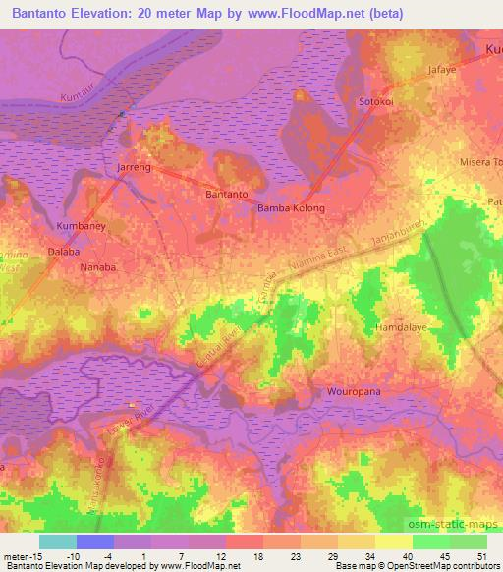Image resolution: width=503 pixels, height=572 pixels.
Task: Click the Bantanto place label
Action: [226, 195]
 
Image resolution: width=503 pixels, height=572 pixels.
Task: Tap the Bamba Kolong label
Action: [291, 209]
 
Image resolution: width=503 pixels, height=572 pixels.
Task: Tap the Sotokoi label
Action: [377, 101]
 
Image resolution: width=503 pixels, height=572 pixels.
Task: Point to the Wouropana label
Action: [351, 393]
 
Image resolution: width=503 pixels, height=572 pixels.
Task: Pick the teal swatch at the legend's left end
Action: [58, 542]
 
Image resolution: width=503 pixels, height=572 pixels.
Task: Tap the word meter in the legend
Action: [17, 555]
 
